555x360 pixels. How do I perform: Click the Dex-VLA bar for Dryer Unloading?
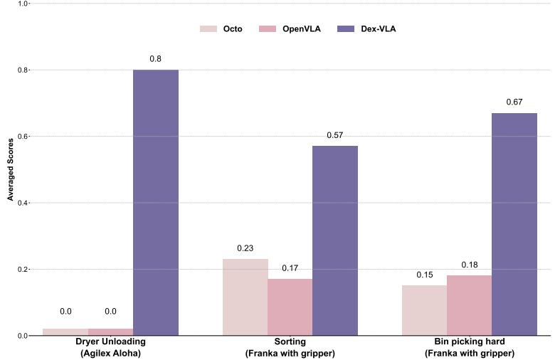tap(156, 203)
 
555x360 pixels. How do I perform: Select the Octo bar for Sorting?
tap(245, 297)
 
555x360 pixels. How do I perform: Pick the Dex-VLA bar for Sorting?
tap(335, 240)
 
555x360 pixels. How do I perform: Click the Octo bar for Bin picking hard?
tap(424, 310)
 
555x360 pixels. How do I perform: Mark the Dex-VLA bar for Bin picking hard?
tap(514, 224)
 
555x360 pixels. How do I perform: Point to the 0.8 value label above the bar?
tap(156, 58)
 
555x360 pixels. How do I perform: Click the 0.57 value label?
tap(335, 135)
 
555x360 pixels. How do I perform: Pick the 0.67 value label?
tap(514, 102)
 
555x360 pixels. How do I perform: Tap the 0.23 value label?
tap(245, 248)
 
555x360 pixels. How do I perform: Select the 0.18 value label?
tap(470, 265)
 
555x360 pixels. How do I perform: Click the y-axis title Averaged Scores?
tap(11, 169)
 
